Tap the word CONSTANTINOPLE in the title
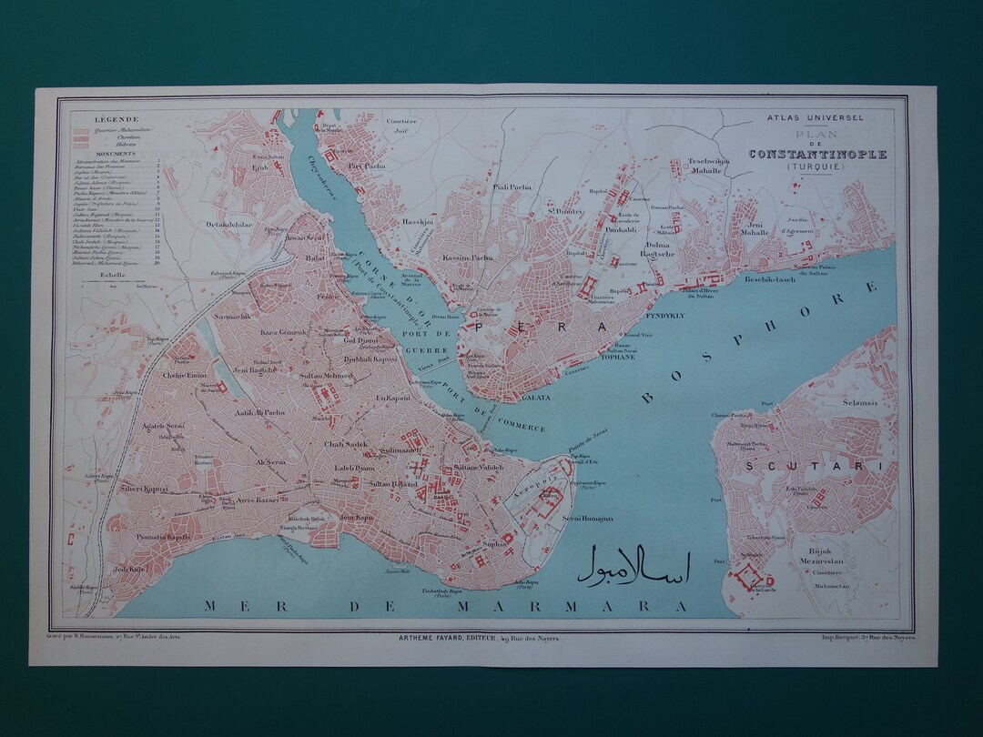[x=817, y=154]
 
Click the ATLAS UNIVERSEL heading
[x=816, y=117]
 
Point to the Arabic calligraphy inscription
[x=634, y=565]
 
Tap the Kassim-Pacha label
[x=468, y=258]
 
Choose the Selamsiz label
[x=859, y=402]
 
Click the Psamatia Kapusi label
[x=163, y=537]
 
